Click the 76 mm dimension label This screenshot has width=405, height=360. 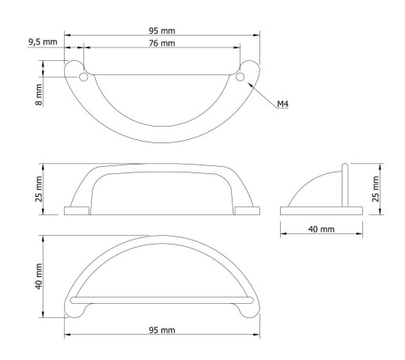click(x=162, y=43)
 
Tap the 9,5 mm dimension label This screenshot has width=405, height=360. click(x=43, y=42)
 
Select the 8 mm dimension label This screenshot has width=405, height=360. click(x=39, y=95)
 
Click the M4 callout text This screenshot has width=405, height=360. click(x=282, y=104)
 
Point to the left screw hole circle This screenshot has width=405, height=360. click(x=84, y=77)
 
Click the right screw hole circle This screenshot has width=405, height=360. click(x=240, y=77)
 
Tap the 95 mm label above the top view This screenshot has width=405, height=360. click(x=162, y=31)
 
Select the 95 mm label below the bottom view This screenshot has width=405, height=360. click(x=162, y=330)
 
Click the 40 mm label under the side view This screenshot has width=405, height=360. click(x=321, y=229)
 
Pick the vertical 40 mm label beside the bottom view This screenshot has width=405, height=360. click(x=39, y=276)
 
